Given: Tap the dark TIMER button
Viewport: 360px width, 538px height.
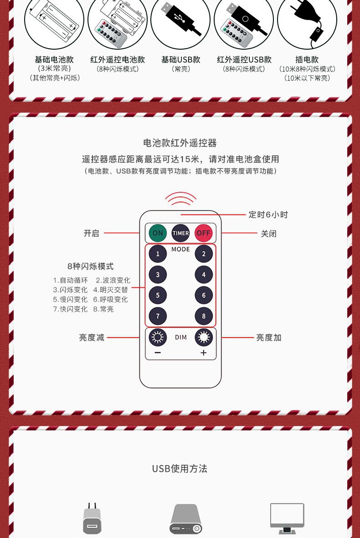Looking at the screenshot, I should click(x=180, y=233).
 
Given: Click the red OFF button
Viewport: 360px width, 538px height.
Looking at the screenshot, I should click(x=204, y=233).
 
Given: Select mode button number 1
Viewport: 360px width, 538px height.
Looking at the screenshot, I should click(x=158, y=254).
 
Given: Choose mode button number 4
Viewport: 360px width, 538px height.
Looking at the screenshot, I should click(x=204, y=275).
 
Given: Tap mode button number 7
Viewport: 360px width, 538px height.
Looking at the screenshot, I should click(x=158, y=316).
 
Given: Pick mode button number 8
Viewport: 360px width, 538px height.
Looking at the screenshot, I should click(x=204, y=316).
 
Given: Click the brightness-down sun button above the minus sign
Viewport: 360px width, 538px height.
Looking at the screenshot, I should click(x=158, y=338).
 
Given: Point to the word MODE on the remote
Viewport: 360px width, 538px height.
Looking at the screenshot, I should click(x=180, y=249).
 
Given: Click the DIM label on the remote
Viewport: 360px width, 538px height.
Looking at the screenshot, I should click(x=180, y=338).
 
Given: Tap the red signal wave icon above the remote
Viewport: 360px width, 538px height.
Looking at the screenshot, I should click(x=180, y=198).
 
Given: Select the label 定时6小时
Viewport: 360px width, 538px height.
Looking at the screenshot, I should click(x=268, y=215).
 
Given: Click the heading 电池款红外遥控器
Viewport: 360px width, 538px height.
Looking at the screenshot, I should click(x=180, y=143).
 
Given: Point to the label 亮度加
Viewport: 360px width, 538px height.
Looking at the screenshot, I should click(x=268, y=338).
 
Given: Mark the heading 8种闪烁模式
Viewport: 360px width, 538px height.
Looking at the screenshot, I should click(x=90, y=266).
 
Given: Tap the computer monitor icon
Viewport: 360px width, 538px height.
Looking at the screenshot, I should click(x=287, y=518).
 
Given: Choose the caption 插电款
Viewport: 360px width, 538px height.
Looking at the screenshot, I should click(x=307, y=60).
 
